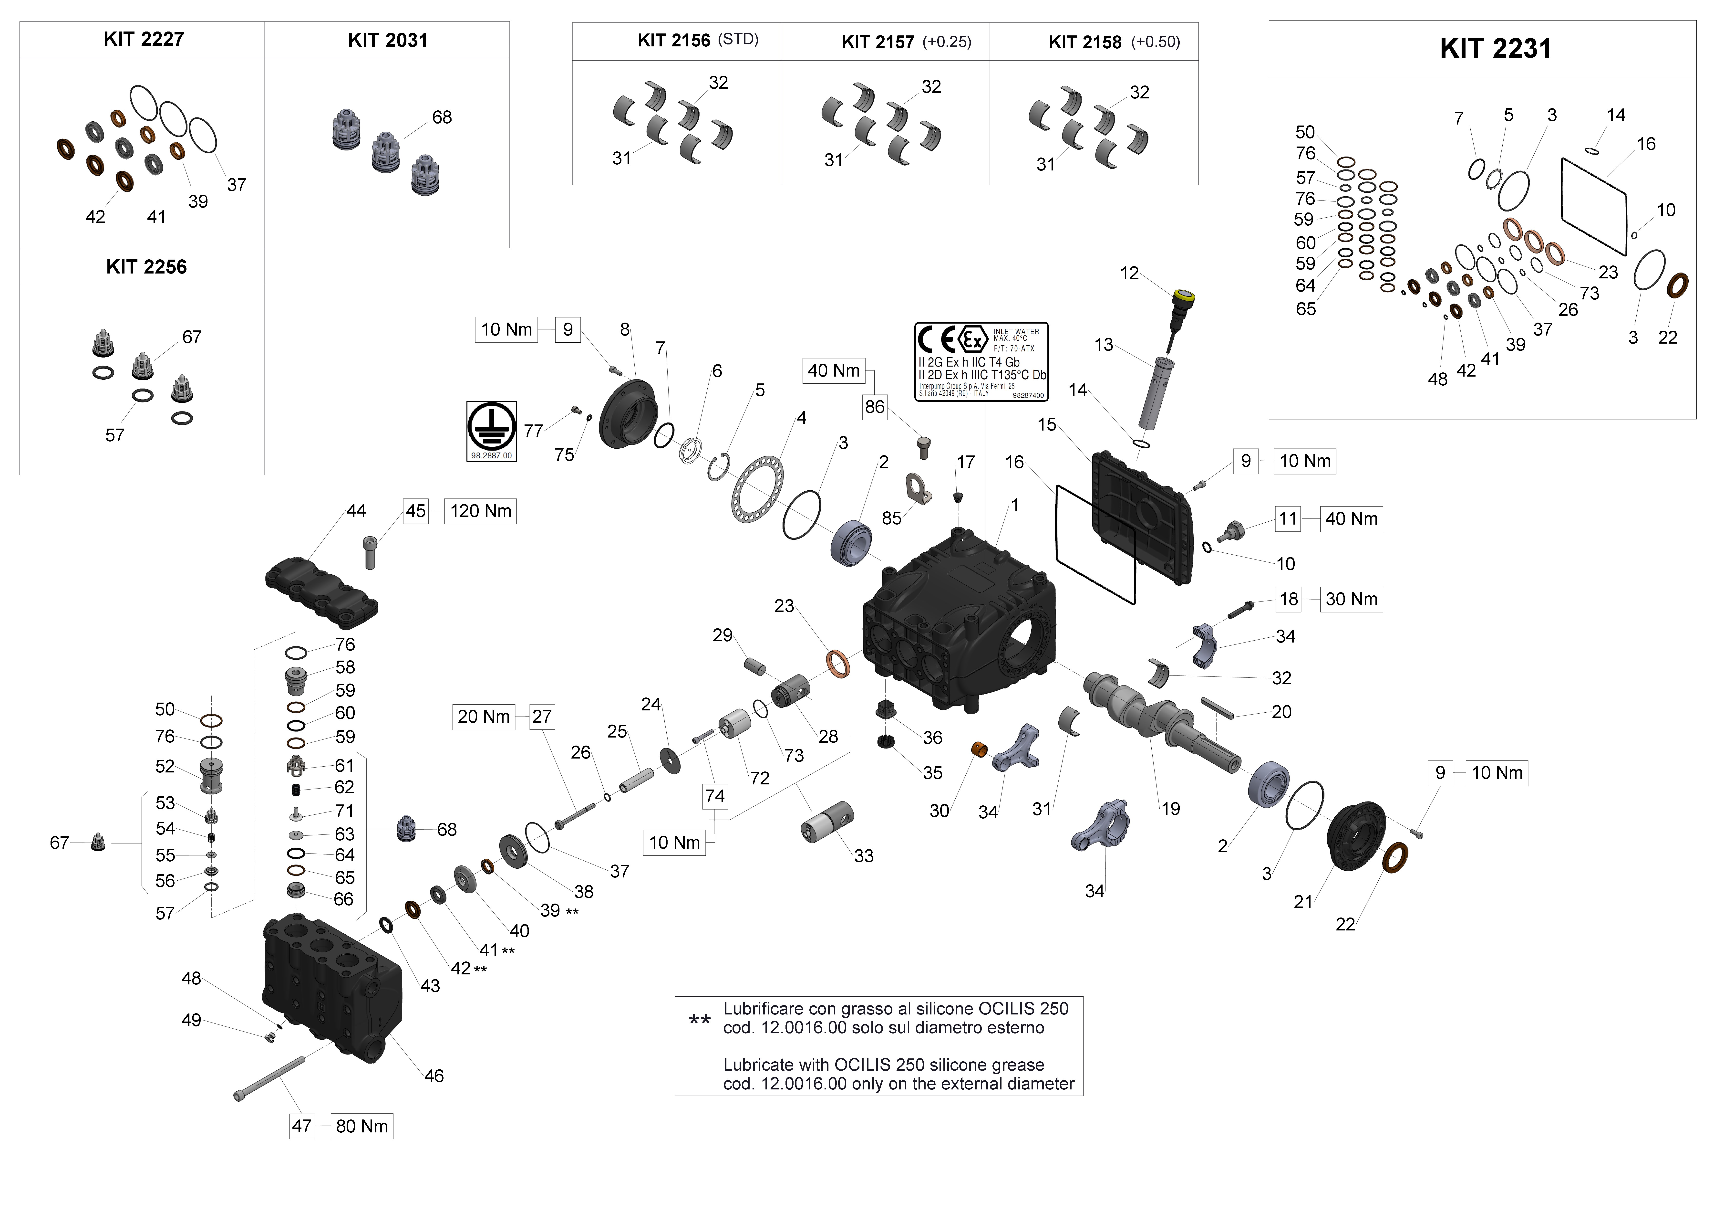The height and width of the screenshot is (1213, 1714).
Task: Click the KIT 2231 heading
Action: (x=1495, y=49)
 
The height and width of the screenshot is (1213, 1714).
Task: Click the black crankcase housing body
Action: (x=963, y=627)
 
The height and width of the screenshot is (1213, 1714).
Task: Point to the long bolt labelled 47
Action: (x=269, y=1079)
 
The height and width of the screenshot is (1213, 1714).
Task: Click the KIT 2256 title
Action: (x=146, y=267)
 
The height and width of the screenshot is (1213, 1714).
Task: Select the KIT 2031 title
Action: (x=387, y=40)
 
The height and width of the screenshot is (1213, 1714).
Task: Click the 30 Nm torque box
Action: (x=1351, y=599)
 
